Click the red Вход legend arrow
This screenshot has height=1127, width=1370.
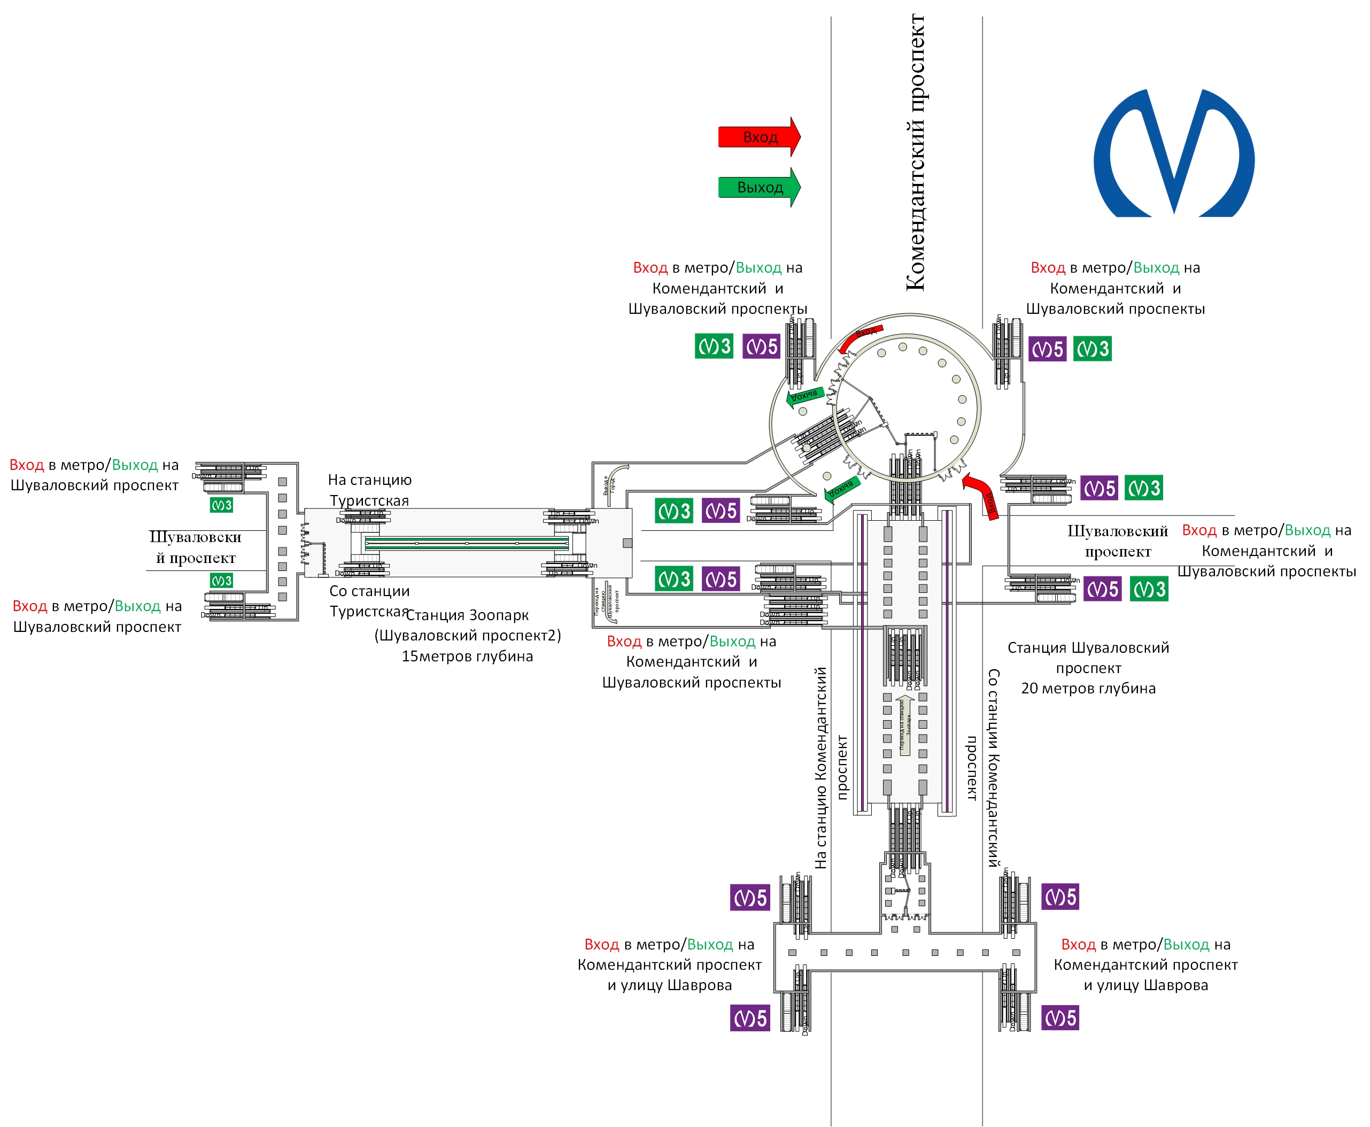(758, 137)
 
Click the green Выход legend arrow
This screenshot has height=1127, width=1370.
(758, 188)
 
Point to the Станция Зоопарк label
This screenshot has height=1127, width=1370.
(467, 615)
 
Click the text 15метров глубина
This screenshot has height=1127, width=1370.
(467, 657)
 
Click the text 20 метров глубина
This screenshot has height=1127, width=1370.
(1088, 688)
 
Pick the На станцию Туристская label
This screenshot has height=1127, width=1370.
(369, 490)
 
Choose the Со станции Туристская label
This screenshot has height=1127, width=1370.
(369, 601)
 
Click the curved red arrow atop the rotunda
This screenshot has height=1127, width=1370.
(860, 336)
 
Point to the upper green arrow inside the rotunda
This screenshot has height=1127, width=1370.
(805, 396)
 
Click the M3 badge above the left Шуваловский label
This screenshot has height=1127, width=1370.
(221, 505)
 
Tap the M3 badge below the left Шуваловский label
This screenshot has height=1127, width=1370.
(221, 581)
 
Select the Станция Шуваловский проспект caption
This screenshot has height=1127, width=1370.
(1088, 657)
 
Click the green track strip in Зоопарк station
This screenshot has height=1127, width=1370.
(467, 543)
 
